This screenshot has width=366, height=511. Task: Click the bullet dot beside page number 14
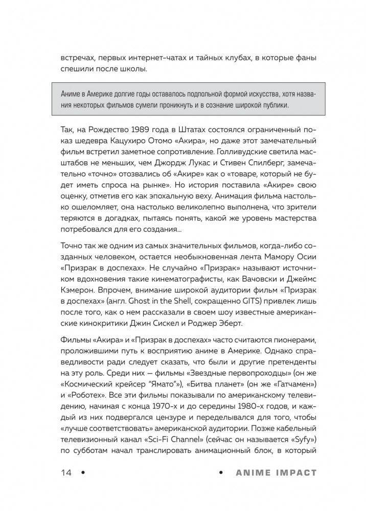83,473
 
